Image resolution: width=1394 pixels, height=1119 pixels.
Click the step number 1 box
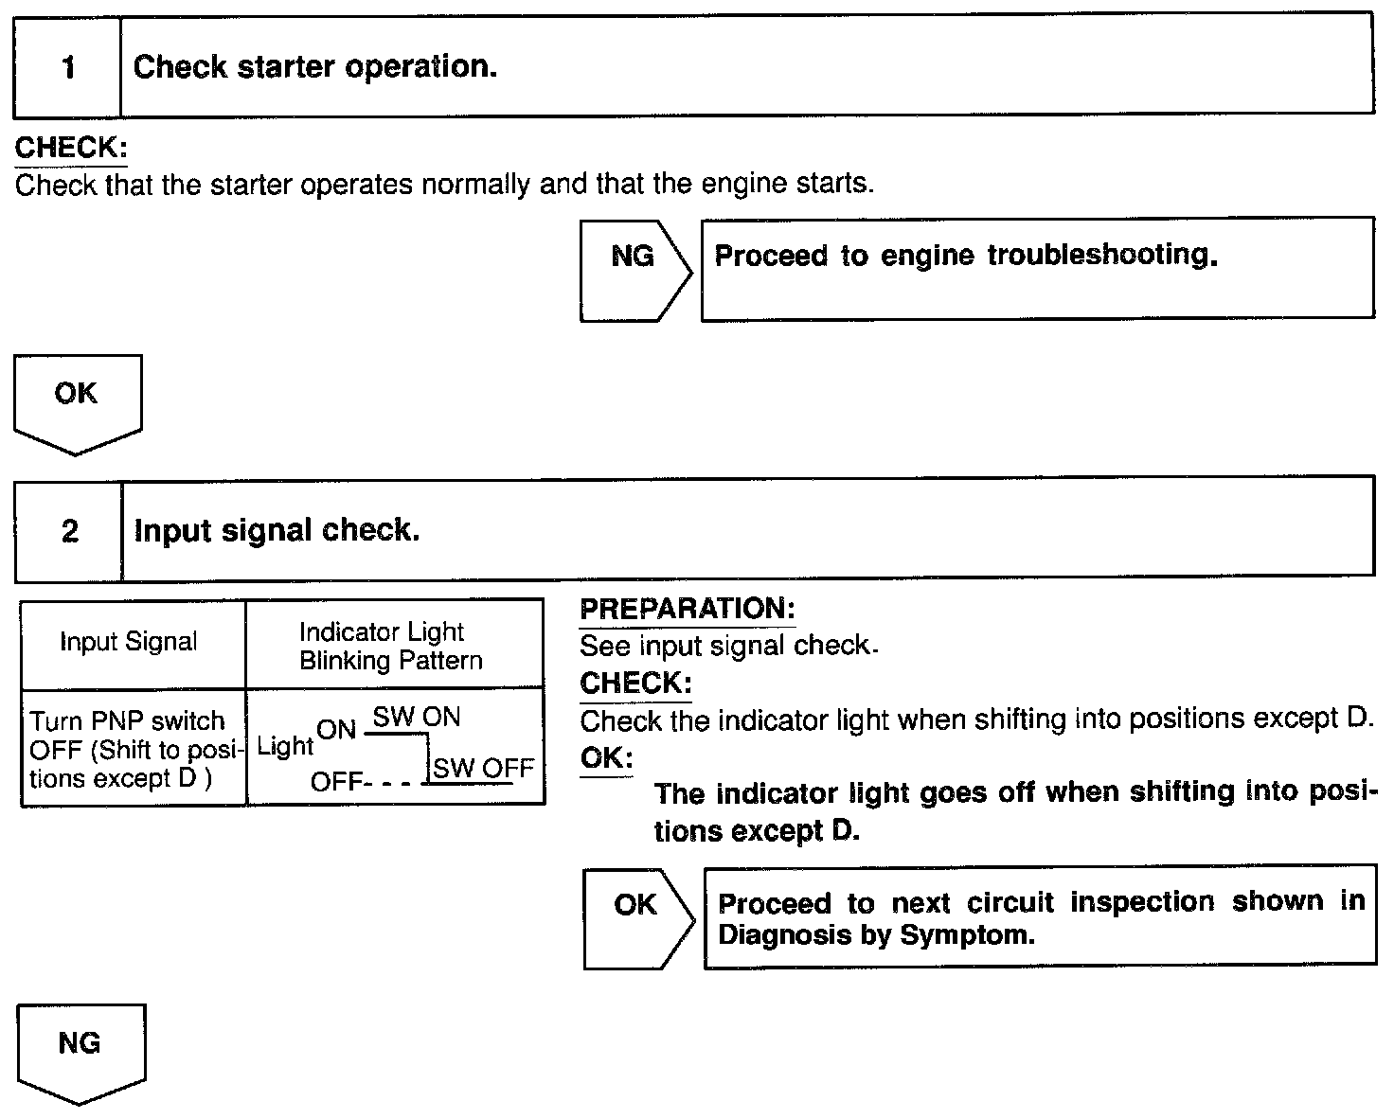(67, 67)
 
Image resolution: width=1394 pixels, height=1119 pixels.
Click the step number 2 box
(69, 530)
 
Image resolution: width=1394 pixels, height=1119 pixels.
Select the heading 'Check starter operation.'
(314, 67)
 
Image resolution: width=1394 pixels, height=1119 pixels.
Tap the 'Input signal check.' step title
(277, 530)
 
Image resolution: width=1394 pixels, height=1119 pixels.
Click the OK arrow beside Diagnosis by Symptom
(637, 916)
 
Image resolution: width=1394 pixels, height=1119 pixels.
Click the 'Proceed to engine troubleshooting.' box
(1037, 268)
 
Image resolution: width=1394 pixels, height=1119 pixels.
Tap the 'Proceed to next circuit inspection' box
(1040, 916)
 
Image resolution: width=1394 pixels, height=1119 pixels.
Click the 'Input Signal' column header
(129, 642)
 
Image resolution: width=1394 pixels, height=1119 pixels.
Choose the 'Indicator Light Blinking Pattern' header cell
(391, 646)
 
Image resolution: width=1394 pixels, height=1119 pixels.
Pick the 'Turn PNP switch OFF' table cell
(130, 749)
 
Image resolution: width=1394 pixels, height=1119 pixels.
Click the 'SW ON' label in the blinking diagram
(417, 717)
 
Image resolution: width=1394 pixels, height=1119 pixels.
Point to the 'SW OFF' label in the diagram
(483, 768)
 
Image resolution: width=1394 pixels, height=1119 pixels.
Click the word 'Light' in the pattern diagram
(284, 746)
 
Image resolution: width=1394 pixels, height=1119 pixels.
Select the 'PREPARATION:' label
(687, 609)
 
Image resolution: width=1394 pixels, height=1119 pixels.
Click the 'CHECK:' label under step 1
(71, 149)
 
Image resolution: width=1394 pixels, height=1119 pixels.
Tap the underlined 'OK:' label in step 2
(605, 758)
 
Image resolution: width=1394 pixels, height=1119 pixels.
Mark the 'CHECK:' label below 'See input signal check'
(635, 683)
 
